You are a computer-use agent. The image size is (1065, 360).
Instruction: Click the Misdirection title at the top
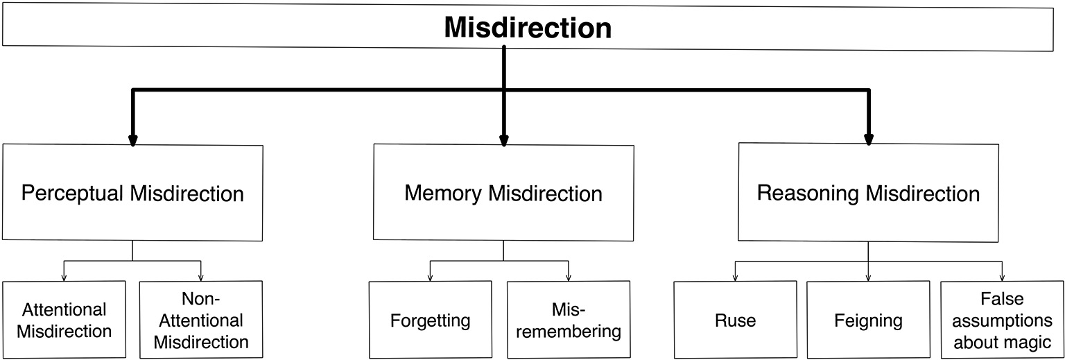[x=528, y=28]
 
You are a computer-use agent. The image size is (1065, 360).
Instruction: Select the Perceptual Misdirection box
[x=132, y=193]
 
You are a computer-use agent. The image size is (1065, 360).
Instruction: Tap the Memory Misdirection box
[x=503, y=193]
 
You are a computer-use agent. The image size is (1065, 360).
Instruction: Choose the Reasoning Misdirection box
[x=868, y=192]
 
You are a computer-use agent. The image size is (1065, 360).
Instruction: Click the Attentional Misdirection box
[x=64, y=320]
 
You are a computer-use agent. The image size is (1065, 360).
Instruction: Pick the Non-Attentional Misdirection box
[x=201, y=320]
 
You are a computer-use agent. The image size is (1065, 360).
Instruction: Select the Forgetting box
[x=430, y=320]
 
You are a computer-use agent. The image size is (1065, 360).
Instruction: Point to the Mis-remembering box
[x=569, y=320]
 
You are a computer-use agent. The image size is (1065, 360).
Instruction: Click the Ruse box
[x=735, y=320]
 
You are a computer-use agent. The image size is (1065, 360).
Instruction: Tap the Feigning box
[x=868, y=320]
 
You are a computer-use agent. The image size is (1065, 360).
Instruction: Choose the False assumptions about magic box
[x=1002, y=320]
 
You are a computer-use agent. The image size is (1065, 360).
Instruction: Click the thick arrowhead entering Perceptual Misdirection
[x=132, y=141]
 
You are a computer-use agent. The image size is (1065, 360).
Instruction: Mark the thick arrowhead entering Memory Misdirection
[x=503, y=141]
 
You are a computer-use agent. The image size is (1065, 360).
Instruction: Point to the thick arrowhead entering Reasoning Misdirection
[x=868, y=141]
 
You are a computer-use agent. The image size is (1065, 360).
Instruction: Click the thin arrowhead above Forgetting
[x=430, y=277]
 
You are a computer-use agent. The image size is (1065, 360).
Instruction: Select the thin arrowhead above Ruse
[x=735, y=277]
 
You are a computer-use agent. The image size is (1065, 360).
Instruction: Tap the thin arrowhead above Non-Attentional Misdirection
[x=201, y=277]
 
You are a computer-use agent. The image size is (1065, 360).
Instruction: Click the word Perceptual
[x=73, y=193]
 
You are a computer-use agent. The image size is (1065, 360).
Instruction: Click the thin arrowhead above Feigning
[x=868, y=277]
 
